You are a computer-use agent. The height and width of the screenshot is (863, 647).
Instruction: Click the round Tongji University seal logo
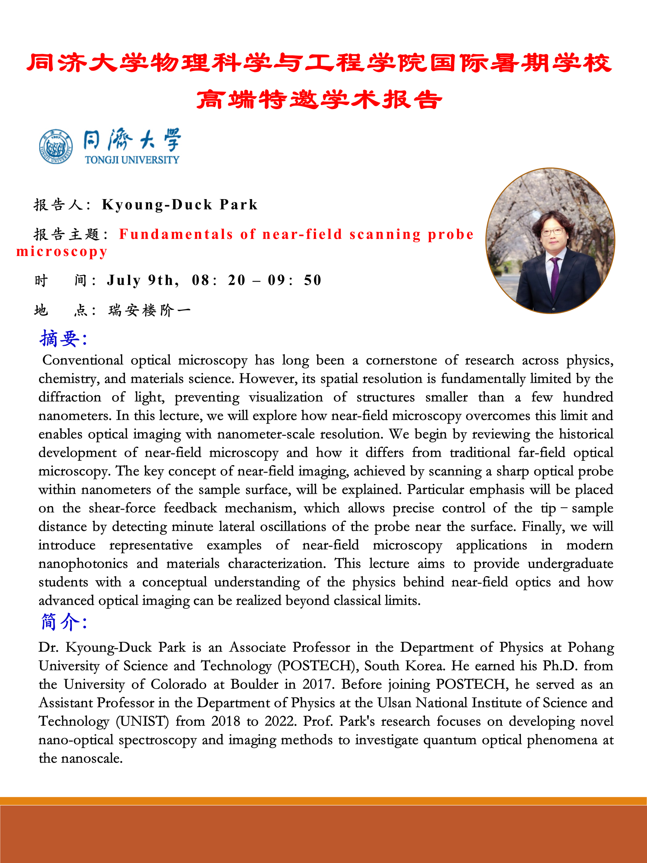[56, 147]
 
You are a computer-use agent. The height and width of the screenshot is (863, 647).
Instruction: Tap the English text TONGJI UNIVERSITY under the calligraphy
[132, 160]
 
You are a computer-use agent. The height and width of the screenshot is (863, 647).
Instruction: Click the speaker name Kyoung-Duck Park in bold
[180, 205]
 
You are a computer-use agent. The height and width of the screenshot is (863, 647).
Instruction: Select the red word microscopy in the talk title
[62, 252]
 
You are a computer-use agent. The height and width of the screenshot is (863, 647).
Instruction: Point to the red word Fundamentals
[176, 234]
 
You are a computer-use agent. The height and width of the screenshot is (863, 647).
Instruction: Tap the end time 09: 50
[294, 280]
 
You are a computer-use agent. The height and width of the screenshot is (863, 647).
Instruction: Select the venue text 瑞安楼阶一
[149, 310]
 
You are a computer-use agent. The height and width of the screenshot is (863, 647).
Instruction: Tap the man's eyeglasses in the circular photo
[552, 232]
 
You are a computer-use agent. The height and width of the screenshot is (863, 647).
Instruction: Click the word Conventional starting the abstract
[83, 360]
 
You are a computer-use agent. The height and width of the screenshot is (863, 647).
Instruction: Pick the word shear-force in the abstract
[122, 508]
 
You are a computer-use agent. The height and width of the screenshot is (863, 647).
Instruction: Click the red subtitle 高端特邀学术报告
[319, 100]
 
